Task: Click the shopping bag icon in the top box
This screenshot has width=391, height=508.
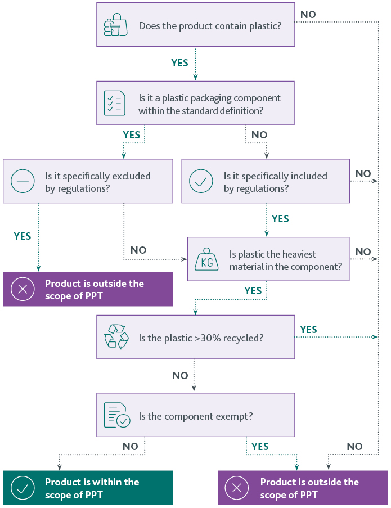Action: coord(116,25)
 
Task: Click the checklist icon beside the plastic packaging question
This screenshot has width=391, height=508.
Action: coord(115,103)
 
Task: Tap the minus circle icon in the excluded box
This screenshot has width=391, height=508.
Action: coord(23,182)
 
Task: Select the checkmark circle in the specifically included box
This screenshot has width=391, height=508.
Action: coord(201,182)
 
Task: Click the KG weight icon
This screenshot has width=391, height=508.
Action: coord(206,260)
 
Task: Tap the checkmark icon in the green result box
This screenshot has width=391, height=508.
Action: coord(23,488)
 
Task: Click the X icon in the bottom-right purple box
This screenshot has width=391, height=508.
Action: coord(237,488)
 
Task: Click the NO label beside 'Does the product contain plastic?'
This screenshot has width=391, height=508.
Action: coord(308,14)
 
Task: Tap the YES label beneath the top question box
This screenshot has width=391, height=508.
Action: coord(179,63)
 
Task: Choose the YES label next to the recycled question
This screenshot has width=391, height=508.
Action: coord(308,330)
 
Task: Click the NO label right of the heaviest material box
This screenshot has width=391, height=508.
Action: coord(363,251)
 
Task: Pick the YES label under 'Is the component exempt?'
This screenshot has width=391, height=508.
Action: coord(260,446)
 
